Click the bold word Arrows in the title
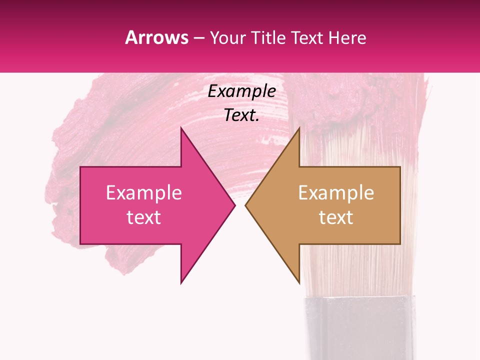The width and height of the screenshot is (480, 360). [x=156, y=37]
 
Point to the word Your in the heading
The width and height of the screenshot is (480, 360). [x=227, y=37]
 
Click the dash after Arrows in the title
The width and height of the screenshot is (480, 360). [x=199, y=38]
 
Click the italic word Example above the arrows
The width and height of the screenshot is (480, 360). [x=241, y=91]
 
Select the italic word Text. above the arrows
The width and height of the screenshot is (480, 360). [x=241, y=115]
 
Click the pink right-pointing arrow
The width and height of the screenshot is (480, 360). [x=150, y=205]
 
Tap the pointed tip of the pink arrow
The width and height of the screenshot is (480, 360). [x=234, y=205]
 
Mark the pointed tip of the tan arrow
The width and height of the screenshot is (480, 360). [x=246, y=205]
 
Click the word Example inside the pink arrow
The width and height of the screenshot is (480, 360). [x=144, y=193]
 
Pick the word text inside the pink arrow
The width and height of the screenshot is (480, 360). [x=144, y=217]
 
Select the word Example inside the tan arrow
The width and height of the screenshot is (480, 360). [x=336, y=193]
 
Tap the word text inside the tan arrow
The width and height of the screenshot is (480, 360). [x=336, y=217]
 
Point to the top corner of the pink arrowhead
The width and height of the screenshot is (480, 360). [x=181, y=128]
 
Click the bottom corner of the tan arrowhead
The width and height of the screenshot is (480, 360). [x=299, y=283]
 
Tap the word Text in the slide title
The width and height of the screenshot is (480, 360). [x=307, y=37]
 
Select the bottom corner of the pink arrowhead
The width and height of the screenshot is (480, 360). [x=181, y=283]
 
